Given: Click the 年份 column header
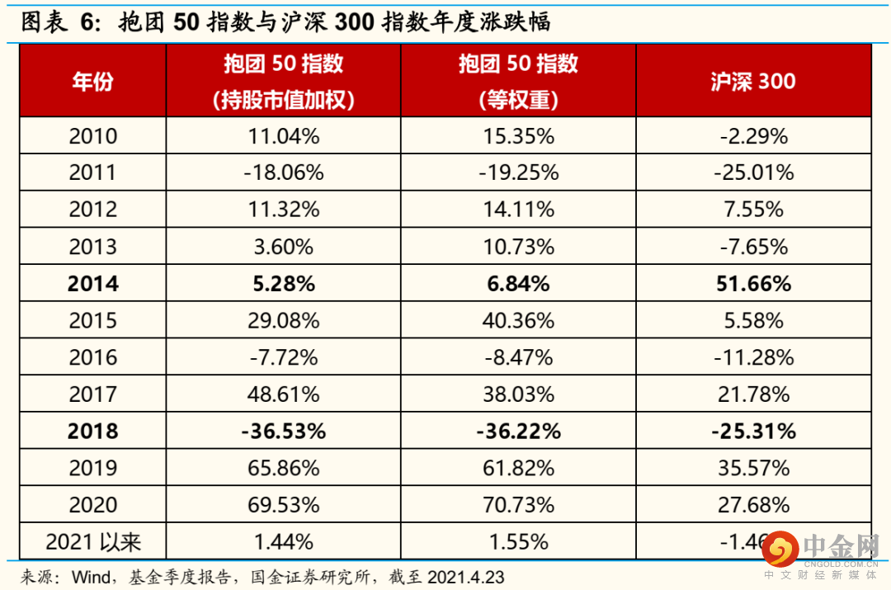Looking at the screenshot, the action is [x=92, y=82].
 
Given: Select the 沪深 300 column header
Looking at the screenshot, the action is [x=753, y=82].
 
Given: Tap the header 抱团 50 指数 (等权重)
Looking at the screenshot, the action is [x=518, y=82].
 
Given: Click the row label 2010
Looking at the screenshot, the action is [x=92, y=136].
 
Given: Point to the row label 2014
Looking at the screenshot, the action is [x=92, y=284].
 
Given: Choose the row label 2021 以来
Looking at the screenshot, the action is [x=92, y=541].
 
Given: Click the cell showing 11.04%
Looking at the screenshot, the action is [x=284, y=136].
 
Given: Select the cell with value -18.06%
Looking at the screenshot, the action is [x=284, y=172].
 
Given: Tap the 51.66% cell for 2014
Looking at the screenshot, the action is [x=753, y=284].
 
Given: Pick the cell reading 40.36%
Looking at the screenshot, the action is [x=518, y=320].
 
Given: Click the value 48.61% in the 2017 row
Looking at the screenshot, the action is [x=284, y=394].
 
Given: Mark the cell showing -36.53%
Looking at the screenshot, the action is [x=284, y=432].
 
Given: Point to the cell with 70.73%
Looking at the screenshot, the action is [x=518, y=505].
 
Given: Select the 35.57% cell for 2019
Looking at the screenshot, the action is [x=753, y=468].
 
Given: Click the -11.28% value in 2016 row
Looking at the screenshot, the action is [x=753, y=357].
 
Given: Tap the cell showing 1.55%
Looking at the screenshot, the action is [x=518, y=541].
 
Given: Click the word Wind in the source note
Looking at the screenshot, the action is [x=92, y=578].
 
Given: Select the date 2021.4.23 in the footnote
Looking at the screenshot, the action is [x=466, y=578].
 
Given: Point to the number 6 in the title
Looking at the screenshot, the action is [x=87, y=22].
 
